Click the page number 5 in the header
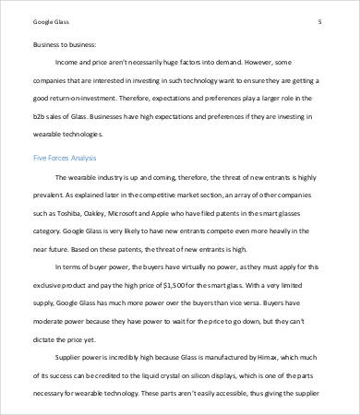(x=318, y=20)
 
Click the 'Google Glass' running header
(x=52, y=20)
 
